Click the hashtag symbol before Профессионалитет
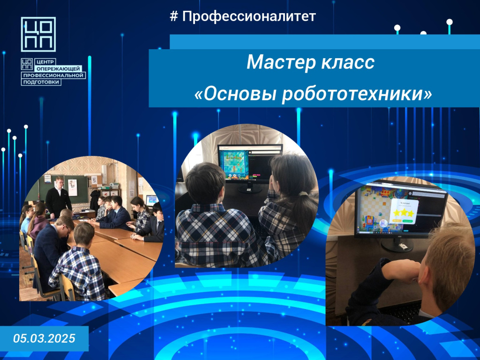(173, 16)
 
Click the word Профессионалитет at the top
(249, 16)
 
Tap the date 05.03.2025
(44, 338)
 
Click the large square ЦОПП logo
(38, 34)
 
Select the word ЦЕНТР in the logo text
(45, 62)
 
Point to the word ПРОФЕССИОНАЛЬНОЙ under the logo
(53, 75)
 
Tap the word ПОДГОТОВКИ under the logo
(41, 82)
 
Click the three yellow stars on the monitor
(404, 212)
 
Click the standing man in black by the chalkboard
(59, 197)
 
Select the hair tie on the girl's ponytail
(303, 194)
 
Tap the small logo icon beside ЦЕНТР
(27, 64)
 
